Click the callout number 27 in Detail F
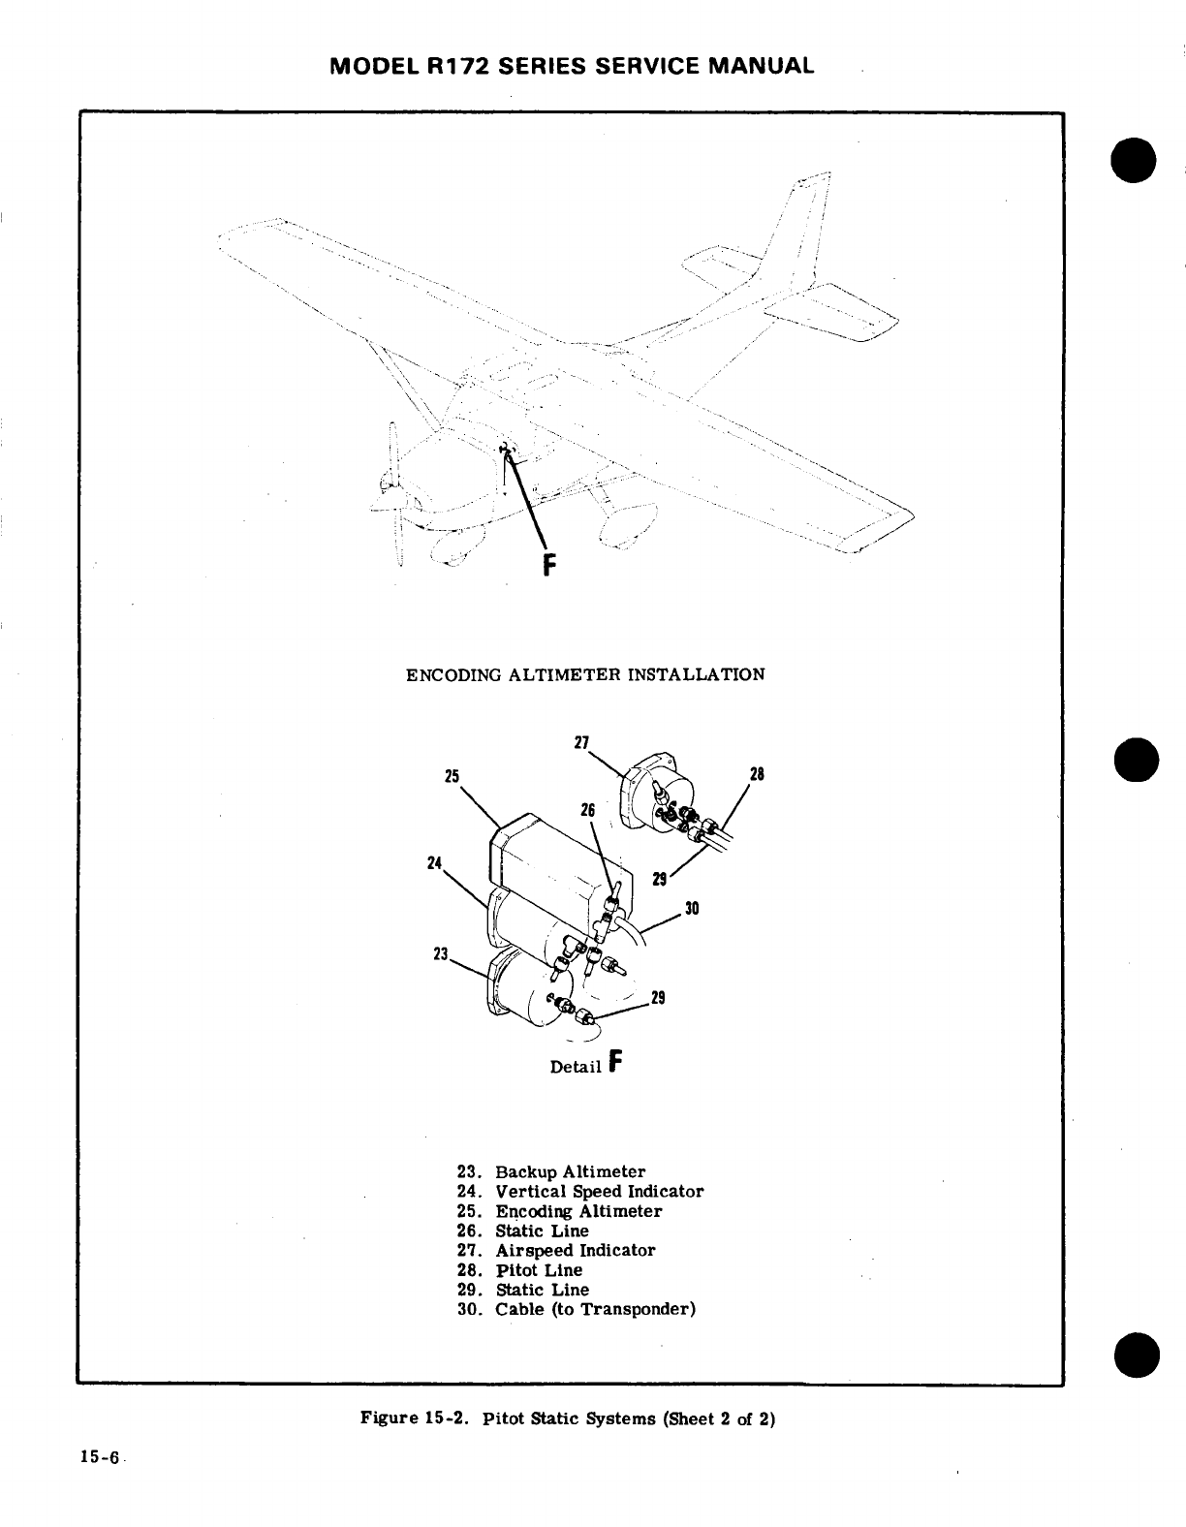(x=581, y=743)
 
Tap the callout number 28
(x=757, y=774)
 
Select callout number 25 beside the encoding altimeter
(x=451, y=776)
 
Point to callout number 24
(x=434, y=862)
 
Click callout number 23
(x=440, y=953)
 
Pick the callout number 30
(x=692, y=909)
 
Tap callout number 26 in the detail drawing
(x=586, y=809)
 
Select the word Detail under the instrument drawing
(x=576, y=1067)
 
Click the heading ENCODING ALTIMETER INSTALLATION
(x=584, y=673)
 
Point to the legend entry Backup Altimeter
(x=570, y=1171)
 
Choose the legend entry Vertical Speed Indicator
(x=599, y=1192)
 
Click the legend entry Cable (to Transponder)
(x=595, y=1309)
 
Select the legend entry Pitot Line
(x=539, y=1270)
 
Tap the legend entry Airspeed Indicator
(x=575, y=1250)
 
